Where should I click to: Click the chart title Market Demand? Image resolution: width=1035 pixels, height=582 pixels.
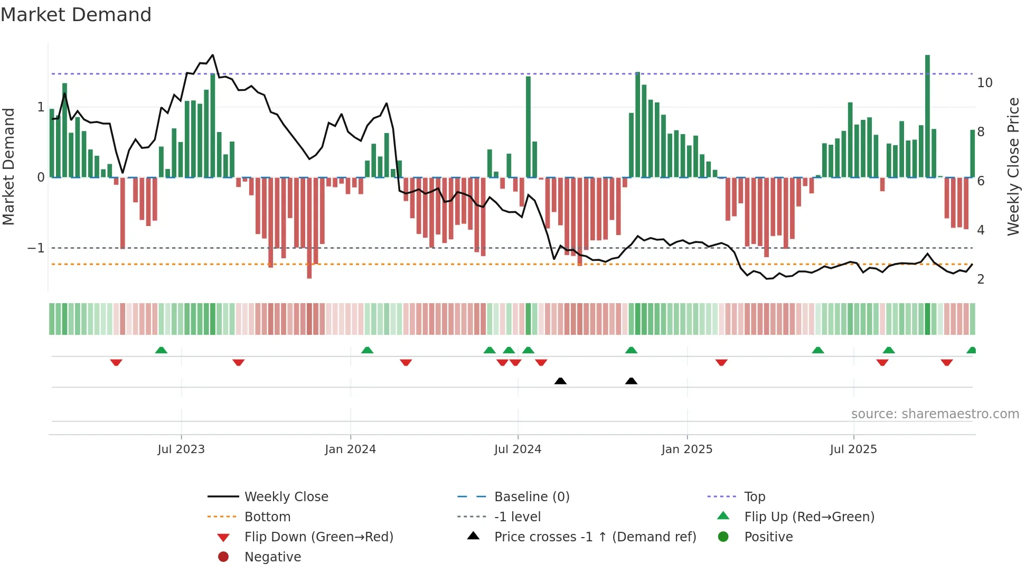(x=76, y=15)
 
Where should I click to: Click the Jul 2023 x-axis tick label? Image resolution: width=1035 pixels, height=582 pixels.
(x=181, y=449)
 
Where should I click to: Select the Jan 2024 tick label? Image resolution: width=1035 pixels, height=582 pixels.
(x=350, y=449)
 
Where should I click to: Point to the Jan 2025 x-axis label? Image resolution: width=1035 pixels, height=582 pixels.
(x=686, y=449)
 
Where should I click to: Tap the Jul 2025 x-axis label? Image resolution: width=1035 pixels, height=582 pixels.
(x=853, y=449)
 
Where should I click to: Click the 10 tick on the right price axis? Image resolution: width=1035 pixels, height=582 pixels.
(x=984, y=83)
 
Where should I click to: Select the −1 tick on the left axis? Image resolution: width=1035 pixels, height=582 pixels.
(x=36, y=248)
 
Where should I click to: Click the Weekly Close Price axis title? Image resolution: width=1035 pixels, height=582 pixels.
(x=1013, y=166)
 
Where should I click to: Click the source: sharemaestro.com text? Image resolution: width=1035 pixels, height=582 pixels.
(x=935, y=414)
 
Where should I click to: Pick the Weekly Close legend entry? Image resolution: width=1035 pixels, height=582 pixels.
(x=286, y=497)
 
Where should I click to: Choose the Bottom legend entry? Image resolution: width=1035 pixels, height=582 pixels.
(x=267, y=517)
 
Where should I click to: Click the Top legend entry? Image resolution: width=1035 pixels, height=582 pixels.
(x=755, y=497)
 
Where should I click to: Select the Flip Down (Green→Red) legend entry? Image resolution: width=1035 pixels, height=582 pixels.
(x=318, y=537)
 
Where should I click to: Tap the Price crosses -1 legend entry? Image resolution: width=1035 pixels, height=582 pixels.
(x=595, y=537)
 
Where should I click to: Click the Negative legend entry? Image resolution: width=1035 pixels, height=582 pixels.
(x=272, y=557)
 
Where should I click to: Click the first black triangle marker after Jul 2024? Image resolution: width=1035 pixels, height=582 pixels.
(x=560, y=381)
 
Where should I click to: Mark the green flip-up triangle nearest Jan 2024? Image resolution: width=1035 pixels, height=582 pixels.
(x=367, y=350)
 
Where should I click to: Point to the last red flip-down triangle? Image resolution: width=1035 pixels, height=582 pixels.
(x=946, y=362)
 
